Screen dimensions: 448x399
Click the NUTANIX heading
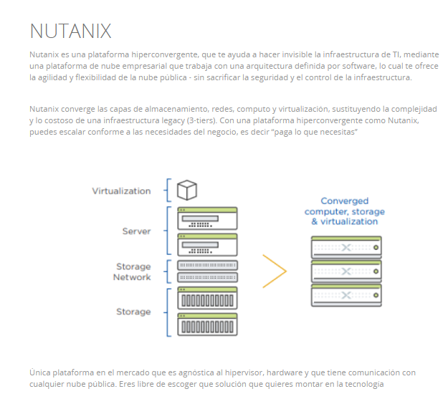click(70, 31)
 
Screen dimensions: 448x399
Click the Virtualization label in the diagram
click(121, 191)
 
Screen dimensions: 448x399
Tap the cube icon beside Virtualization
click(187, 190)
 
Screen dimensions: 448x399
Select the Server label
click(136, 231)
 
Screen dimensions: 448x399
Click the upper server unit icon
click(207, 218)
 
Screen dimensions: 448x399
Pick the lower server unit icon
click(207, 245)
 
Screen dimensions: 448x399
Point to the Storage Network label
click(132, 271)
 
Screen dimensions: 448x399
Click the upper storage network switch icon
click(207, 265)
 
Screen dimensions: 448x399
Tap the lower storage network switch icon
click(207, 277)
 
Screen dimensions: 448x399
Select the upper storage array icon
click(207, 298)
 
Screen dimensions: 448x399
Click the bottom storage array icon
click(207, 325)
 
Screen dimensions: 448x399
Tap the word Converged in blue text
click(345, 201)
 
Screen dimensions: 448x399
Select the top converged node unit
click(346, 247)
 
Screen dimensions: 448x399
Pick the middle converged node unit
click(346, 271)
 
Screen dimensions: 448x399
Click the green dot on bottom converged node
click(376, 295)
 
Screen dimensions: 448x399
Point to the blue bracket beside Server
click(168, 231)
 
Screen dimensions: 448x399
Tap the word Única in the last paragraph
click(39, 372)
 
